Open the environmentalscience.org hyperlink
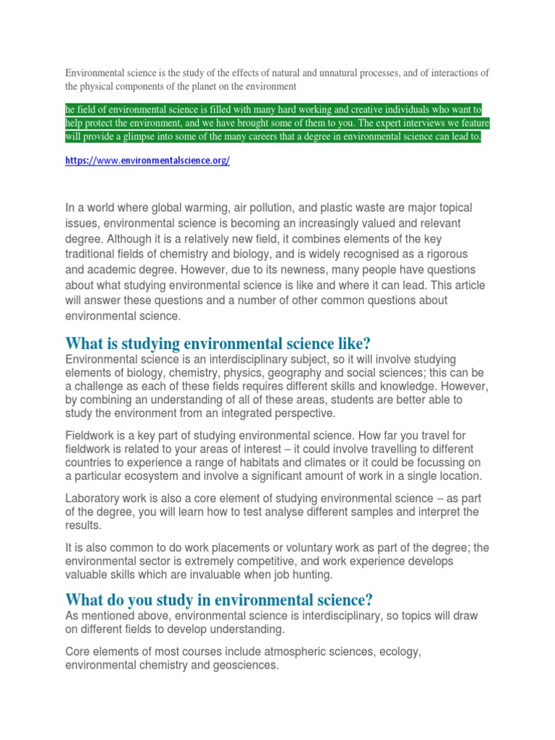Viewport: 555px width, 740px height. tap(147, 161)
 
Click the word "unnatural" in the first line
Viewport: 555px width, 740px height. tap(327, 73)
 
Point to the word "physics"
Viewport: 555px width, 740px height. tap(243, 374)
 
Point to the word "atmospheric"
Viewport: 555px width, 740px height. tap(291, 650)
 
